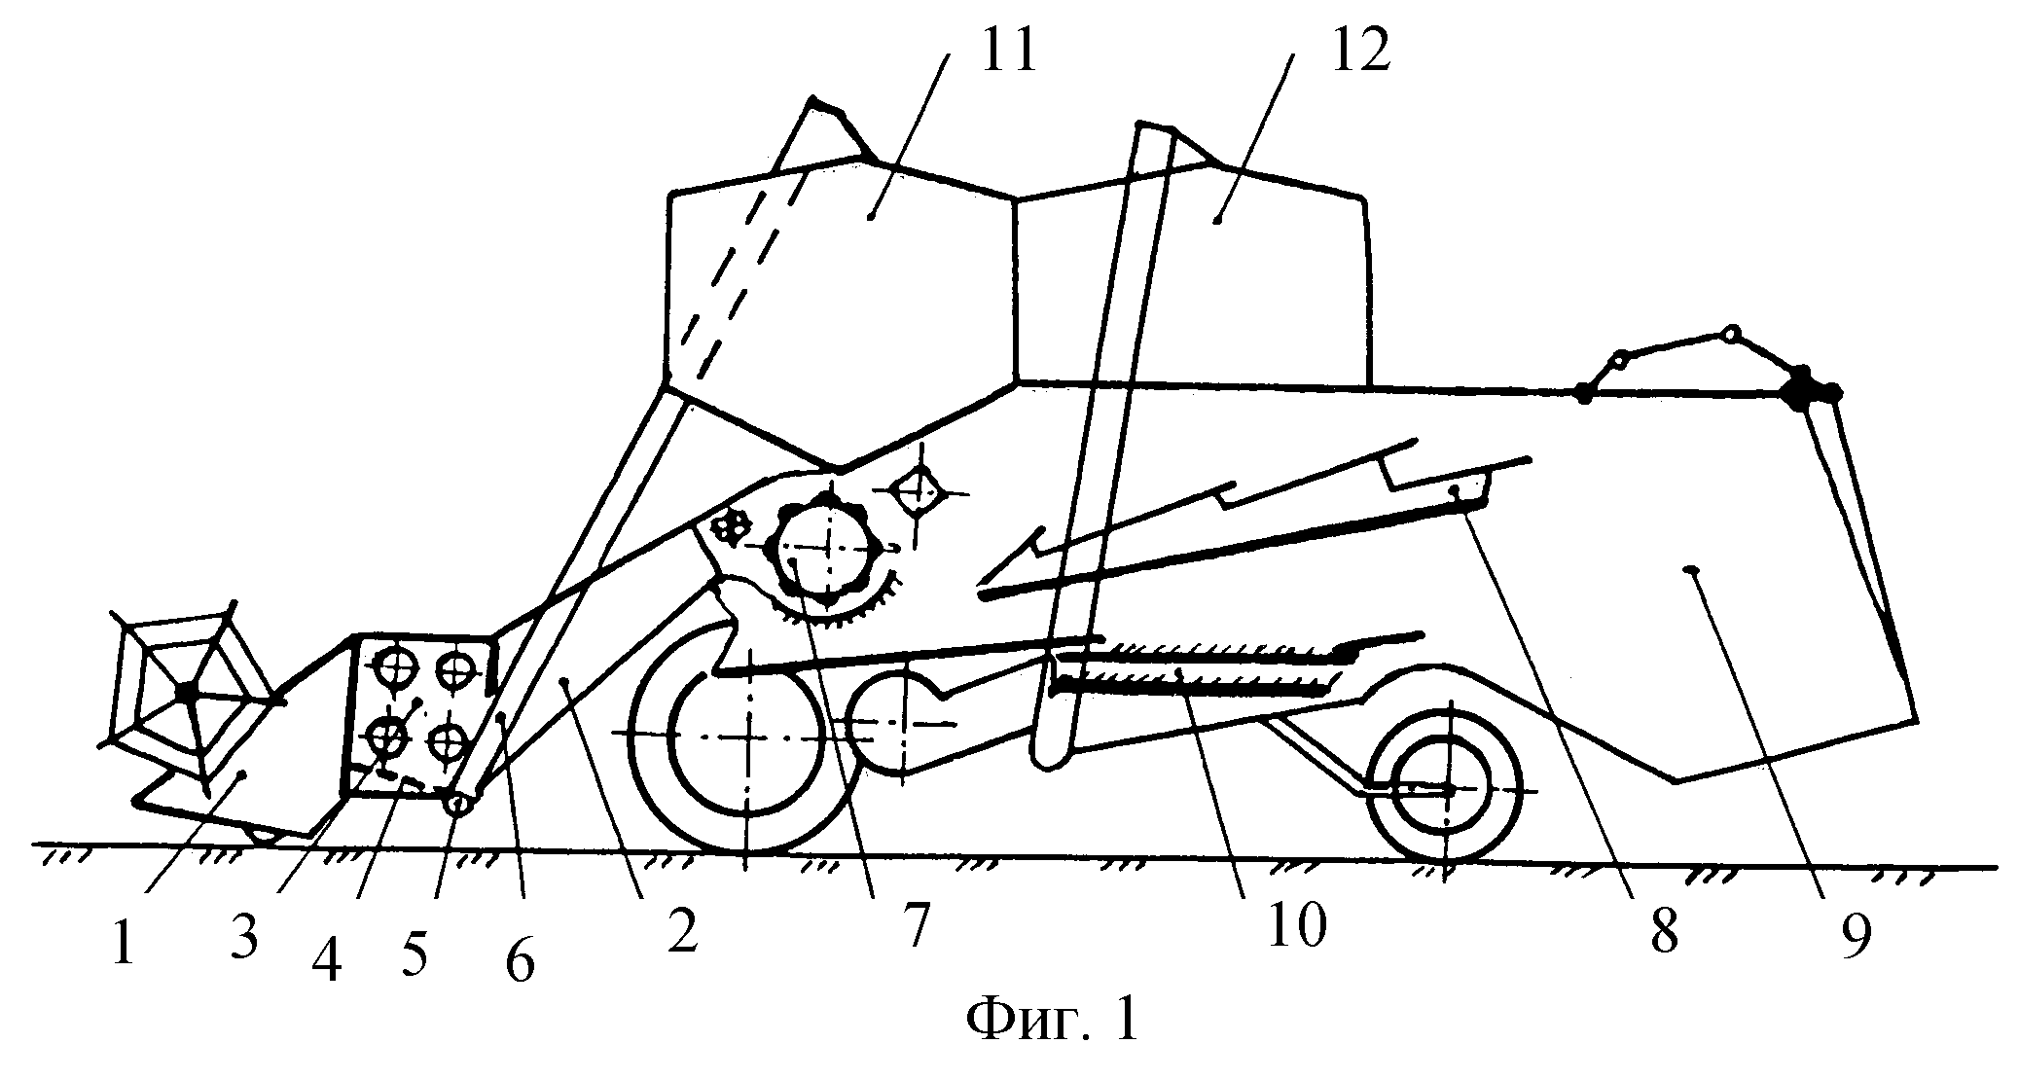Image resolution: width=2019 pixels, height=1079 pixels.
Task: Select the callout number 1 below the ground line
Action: pyautogui.click(x=123, y=943)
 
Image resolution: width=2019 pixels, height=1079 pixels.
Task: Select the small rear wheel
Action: pyautogui.click(x=1447, y=790)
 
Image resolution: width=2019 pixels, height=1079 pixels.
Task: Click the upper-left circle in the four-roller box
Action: pyautogui.click(x=394, y=668)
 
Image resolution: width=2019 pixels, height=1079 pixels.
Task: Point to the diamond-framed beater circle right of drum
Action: pyautogui.click(x=917, y=491)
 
